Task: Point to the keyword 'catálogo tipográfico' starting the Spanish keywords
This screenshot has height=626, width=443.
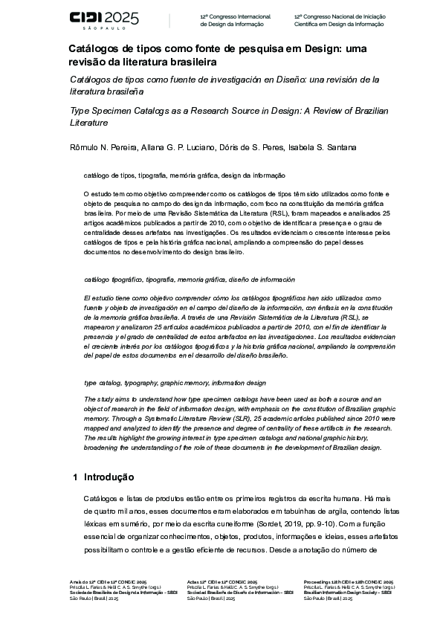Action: click(111, 280)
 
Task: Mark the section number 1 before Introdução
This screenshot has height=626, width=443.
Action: click(74, 477)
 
